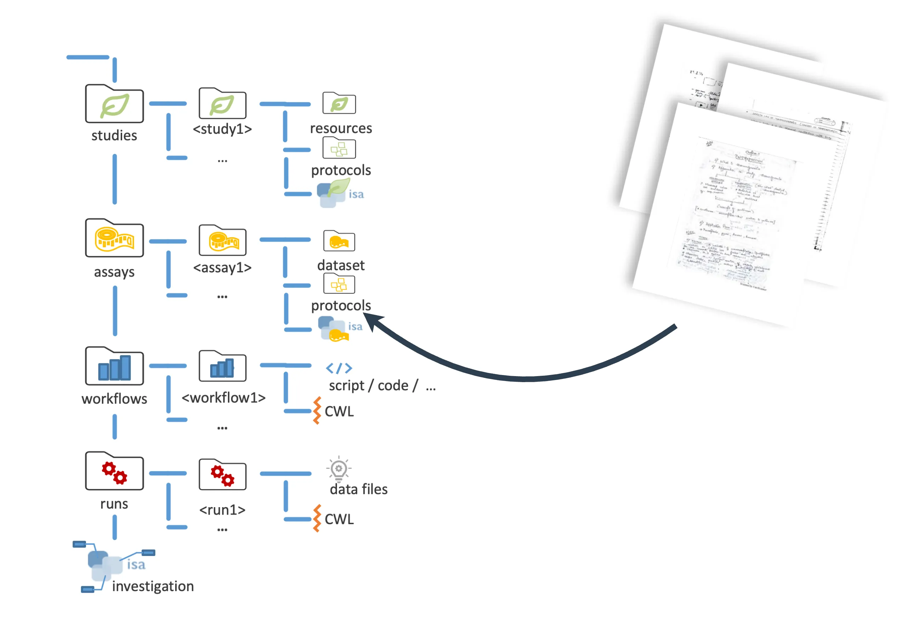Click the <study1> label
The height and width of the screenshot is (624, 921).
pos(222,129)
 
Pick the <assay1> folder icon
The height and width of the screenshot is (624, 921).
pos(222,241)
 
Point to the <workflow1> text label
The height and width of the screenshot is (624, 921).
pos(223,398)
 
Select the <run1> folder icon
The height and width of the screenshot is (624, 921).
pos(222,475)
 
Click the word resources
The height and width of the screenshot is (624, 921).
pos(341,129)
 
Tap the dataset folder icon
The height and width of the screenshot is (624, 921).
pos(339,241)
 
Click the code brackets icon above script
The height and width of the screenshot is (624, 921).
pos(339,368)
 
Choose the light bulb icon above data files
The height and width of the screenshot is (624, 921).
pos(339,469)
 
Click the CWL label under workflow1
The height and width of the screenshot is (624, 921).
pos(339,412)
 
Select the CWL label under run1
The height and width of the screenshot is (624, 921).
pos(339,519)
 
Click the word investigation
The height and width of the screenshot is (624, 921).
pos(153,586)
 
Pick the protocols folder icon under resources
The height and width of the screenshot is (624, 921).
pos(339,149)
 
